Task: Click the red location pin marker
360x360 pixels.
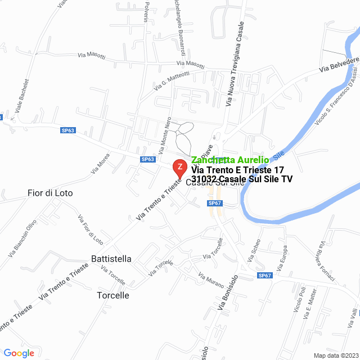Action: pos(179,168)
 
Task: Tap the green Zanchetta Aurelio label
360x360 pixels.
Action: pos(229,160)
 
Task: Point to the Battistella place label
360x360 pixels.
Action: pos(111,259)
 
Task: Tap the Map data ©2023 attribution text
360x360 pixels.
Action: pos(335,355)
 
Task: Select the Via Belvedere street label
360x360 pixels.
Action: pos(339,64)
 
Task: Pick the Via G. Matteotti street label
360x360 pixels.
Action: pos(172,80)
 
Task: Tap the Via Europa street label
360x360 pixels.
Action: pos(282,256)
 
